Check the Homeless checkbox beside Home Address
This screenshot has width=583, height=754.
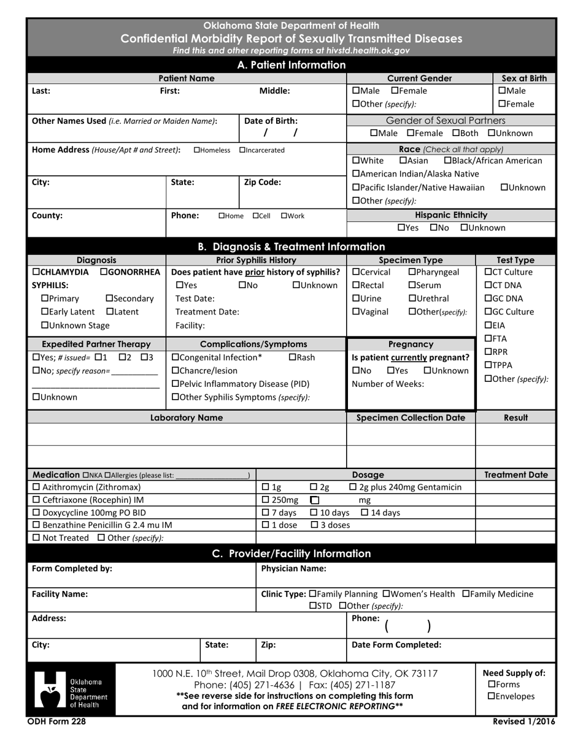(x=196, y=150)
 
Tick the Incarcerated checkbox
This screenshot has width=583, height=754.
(x=242, y=150)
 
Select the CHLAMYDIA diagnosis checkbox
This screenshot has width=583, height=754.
(x=36, y=272)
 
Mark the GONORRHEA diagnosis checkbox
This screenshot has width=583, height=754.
(x=104, y=272)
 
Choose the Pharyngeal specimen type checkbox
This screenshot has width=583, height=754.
(x=412, y=272)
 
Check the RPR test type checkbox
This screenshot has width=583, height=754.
(x=488, y=352)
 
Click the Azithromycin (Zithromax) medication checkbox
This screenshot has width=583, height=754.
(x=36, y=487)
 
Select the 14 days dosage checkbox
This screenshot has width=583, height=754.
(x=365, y=512)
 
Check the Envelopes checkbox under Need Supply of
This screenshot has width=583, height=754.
(x=492, y=696)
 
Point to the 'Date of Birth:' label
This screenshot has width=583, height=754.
(x=271, y=121)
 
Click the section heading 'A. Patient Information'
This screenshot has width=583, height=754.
(x=291, y=65)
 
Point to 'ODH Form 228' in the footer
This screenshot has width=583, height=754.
(x=56, y=722)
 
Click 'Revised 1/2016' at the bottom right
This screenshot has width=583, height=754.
(x=524, y=722)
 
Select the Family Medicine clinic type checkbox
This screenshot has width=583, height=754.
(x=466, y=594)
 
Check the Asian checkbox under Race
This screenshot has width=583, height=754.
(x=403, y=161)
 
